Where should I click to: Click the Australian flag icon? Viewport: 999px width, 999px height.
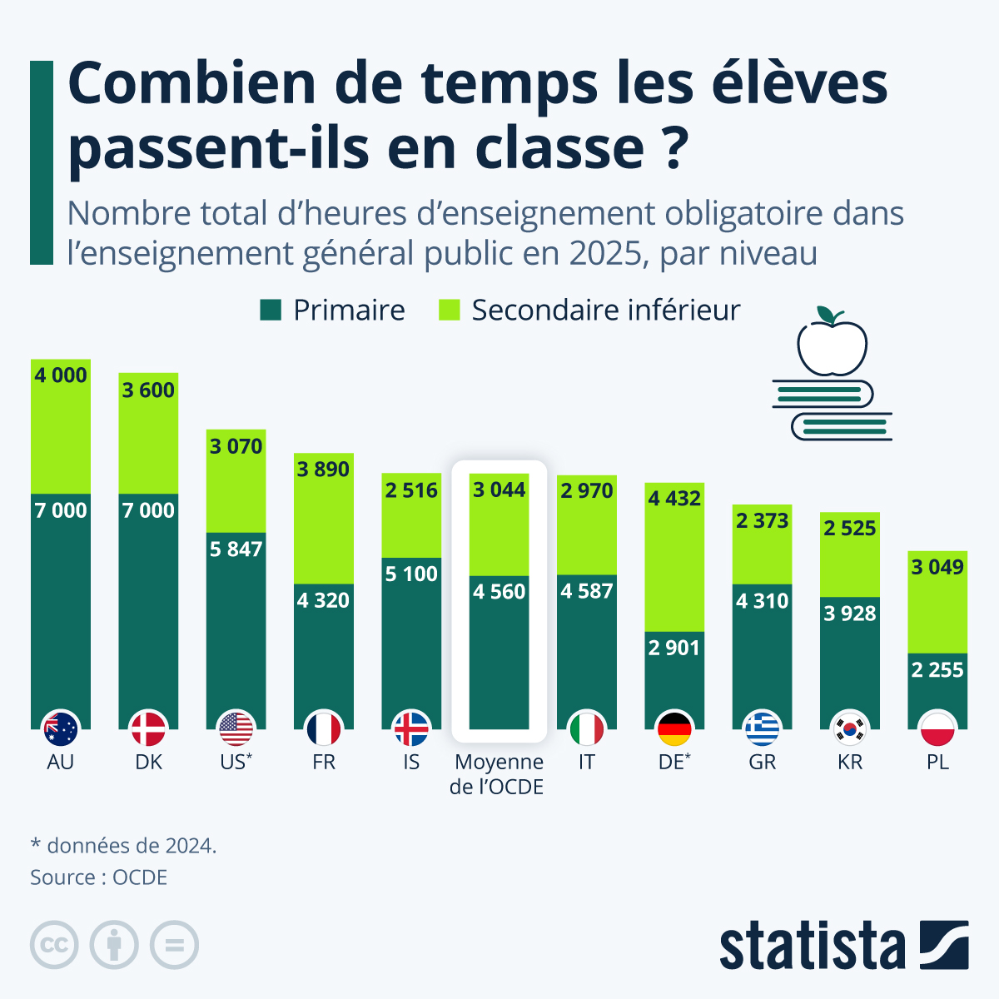(x=61, y=729)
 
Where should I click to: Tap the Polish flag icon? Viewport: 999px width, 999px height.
(x=937, y=729)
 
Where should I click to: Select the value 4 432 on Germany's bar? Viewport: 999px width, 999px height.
(x=674, y=499)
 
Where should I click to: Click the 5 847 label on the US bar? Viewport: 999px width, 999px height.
(x=236, y=549)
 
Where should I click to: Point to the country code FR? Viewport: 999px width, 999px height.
(x=324, y=762)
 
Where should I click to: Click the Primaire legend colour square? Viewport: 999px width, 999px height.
(x=271, y=311)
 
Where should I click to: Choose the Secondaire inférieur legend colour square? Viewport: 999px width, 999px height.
(x=450, y=311)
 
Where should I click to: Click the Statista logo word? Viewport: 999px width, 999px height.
(x=812, y=946)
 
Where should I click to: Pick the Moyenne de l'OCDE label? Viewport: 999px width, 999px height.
(x=498, y=774)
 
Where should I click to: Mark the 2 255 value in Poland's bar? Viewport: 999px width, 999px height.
(x=937, y=670)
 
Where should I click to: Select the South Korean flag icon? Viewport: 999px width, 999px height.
(x=850, y=729)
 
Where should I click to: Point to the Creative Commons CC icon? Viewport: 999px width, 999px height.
(x=54, y=945)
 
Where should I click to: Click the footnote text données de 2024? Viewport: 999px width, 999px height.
(x=131, y=846)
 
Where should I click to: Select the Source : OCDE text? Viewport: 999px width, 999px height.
(x=98, y=877)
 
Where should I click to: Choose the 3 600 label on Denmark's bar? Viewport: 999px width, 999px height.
(x=148, y=390)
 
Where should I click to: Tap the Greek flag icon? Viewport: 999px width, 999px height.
(x=762, y=729)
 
